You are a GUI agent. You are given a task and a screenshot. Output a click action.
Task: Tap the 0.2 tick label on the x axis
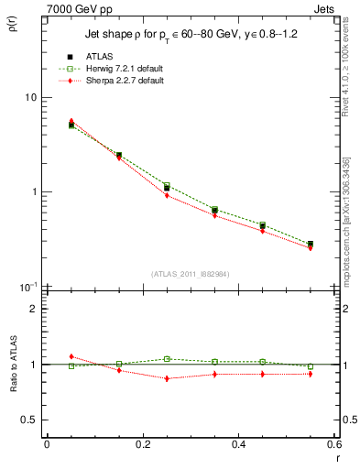143,443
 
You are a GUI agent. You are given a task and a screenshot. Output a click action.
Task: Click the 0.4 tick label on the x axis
239,443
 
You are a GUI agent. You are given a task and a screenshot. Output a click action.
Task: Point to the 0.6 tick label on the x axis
333,443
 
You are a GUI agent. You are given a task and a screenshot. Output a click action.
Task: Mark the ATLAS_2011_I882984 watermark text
191,274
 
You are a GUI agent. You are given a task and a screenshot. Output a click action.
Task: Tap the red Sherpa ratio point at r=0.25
167,378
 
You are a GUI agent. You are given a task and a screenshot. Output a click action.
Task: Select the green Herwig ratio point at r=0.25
167,359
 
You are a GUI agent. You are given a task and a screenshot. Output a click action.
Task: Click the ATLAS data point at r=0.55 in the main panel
311,245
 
